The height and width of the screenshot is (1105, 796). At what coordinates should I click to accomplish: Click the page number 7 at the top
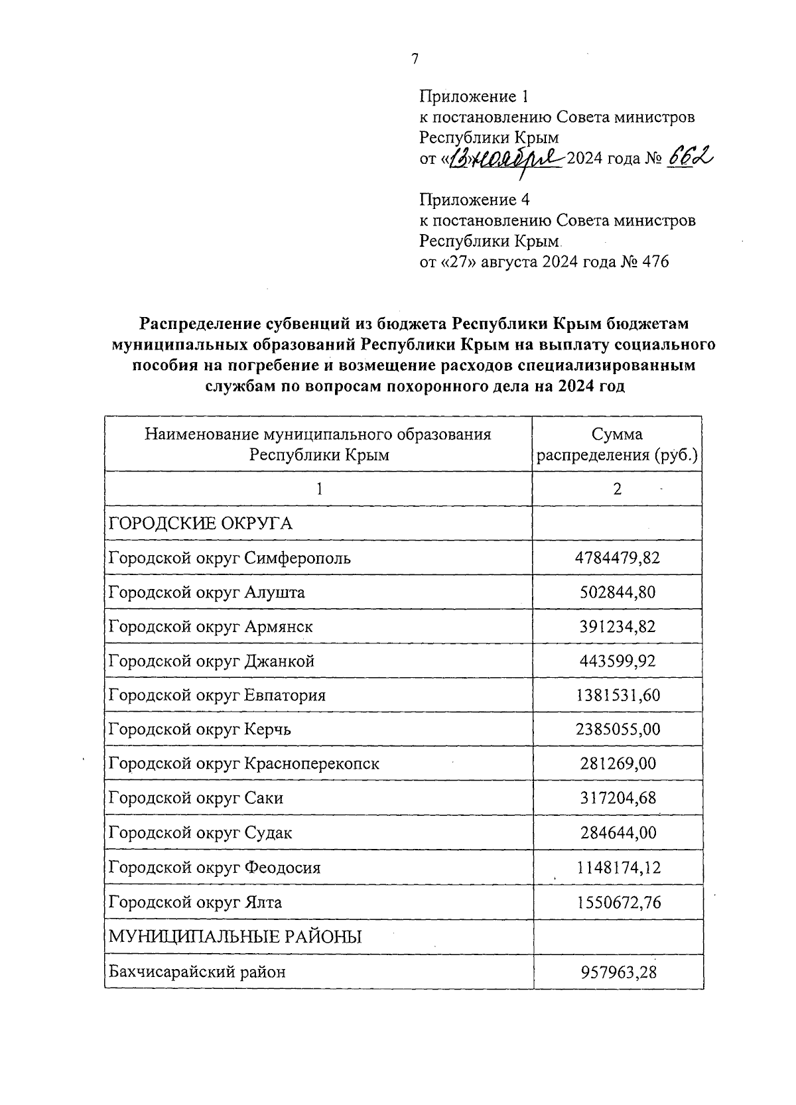pos(415,60)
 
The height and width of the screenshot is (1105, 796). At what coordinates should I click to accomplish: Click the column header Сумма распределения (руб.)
pos(617,444)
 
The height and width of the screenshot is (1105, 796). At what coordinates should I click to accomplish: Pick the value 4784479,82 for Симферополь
pos(617,558)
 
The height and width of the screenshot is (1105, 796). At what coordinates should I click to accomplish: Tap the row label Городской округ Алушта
pos(207,592)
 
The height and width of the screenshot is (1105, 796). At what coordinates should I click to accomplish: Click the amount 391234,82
pos(617,627)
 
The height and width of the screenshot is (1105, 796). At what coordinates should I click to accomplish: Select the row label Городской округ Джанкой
pos(212,661)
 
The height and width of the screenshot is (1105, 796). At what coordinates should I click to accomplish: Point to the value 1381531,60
pos(617,696)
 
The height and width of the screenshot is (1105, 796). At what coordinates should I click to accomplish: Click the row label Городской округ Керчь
pos(200,730)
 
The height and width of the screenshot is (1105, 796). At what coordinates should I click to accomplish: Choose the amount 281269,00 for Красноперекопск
pos(617,764)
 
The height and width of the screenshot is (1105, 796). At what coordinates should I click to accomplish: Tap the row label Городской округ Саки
pos(196,799)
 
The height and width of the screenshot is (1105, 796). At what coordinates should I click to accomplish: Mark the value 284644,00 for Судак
pos(617,833)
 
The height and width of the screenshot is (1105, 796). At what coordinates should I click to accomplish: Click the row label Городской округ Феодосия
pos(215,868)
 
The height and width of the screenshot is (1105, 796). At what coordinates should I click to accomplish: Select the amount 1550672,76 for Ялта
pos(617,903)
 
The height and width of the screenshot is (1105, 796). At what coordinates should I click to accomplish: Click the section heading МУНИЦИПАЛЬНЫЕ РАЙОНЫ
pos(235,937)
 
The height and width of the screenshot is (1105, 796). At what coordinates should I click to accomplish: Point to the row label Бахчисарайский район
pos(197,972)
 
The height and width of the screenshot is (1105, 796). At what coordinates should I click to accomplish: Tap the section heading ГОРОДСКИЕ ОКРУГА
pos(200,524)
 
